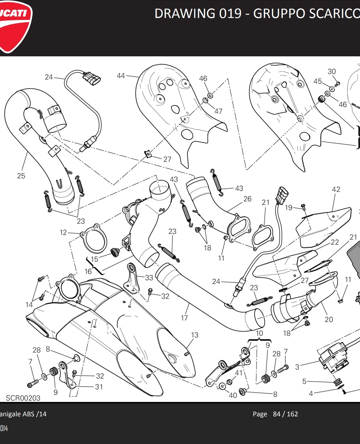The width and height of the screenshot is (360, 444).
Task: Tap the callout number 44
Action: coord(121,76)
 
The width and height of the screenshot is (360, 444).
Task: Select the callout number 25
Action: coord(21,176)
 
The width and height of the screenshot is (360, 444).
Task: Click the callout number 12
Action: coord(63,232)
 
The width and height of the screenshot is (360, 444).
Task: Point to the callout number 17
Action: coord(184,318)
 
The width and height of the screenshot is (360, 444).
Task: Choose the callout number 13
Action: coord(195,335)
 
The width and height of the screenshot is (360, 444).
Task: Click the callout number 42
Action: coord(336,189)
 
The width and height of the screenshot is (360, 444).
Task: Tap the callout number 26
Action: coord(247,199)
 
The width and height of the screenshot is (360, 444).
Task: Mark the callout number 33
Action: coord(149,277)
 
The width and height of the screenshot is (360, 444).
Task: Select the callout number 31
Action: coord(99,387)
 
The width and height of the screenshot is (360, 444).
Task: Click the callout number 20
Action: coord(329,319)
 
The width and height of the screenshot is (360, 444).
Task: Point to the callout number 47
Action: coord(218,111)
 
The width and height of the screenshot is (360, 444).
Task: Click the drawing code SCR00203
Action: coord(23,398)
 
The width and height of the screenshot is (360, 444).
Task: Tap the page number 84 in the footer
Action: coord(277,414)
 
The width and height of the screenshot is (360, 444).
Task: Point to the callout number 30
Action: coord(332,71)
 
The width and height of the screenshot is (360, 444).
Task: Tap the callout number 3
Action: coord(297,367)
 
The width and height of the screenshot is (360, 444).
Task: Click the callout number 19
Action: coord(289,208)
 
